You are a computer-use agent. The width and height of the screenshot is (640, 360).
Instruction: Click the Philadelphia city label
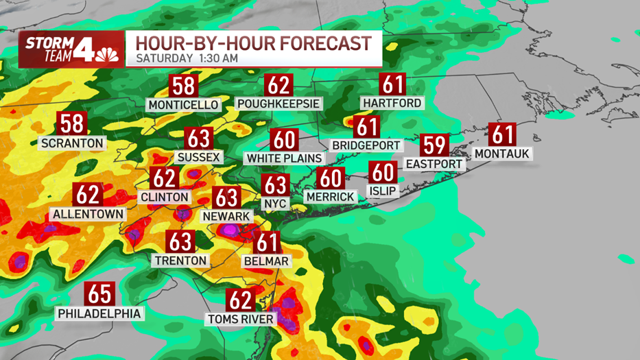(99, 313)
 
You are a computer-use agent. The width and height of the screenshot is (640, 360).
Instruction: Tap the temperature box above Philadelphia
(99, 294)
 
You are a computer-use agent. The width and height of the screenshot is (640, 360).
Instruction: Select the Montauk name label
(502, 154)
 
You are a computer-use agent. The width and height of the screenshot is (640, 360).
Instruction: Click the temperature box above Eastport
(435, 145)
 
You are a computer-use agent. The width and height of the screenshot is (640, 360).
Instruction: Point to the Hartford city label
(392, 104)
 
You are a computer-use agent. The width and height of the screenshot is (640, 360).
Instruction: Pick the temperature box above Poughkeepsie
(279, 86)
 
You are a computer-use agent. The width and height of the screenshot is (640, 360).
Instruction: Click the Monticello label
(183, 105)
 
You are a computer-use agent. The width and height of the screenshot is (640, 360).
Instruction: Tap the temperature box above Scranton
(72, 124)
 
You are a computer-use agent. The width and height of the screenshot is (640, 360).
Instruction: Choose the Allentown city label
(88, 214)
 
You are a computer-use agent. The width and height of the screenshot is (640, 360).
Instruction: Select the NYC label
(275, 204)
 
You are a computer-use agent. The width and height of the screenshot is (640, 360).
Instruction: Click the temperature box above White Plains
(283, 140)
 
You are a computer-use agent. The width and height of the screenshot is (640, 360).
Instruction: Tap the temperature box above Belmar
(267, 242)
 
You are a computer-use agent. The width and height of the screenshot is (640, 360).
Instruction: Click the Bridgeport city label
(366, 145)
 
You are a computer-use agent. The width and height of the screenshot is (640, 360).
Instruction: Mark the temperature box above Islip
(383, 173)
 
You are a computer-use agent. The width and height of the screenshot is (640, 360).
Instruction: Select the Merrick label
(331, 197)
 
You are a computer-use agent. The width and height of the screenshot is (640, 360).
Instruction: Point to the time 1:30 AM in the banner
(217, 58)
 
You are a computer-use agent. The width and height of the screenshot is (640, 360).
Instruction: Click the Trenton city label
(180, 260)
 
